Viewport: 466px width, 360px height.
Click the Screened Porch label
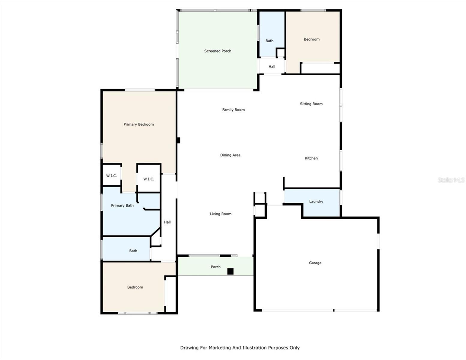(x=218, y=51)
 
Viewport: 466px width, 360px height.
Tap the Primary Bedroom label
(x=139, y=124)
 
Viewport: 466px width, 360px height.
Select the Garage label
(x=315, y=263)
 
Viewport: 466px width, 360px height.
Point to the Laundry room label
(x=316, y=202)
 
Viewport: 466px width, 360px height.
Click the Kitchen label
(x=311, y=158)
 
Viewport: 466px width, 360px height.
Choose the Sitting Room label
(x=311, y=104)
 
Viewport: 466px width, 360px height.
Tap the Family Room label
(x=233, y=110)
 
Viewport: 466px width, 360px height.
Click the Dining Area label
(x=230, y=155)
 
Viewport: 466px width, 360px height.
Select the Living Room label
(x=221, y=214)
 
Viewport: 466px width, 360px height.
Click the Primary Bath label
(x=122, y=205)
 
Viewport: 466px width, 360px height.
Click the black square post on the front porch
(x=230, y=271)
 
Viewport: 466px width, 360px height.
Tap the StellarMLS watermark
(x=451, y=180)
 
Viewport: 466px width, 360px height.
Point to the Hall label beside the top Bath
(x=272, y=67)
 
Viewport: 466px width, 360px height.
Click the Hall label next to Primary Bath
(x=167, y=222)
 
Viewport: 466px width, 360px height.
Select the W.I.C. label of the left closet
(x=111, y=176)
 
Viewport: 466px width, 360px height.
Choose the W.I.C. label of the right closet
(x=149, y=179)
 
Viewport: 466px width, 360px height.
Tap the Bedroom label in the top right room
(x=311, y=39)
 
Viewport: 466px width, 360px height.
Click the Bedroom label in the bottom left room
(x=135, y=287)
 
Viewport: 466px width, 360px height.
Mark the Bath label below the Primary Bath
(x=133, y=251)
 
